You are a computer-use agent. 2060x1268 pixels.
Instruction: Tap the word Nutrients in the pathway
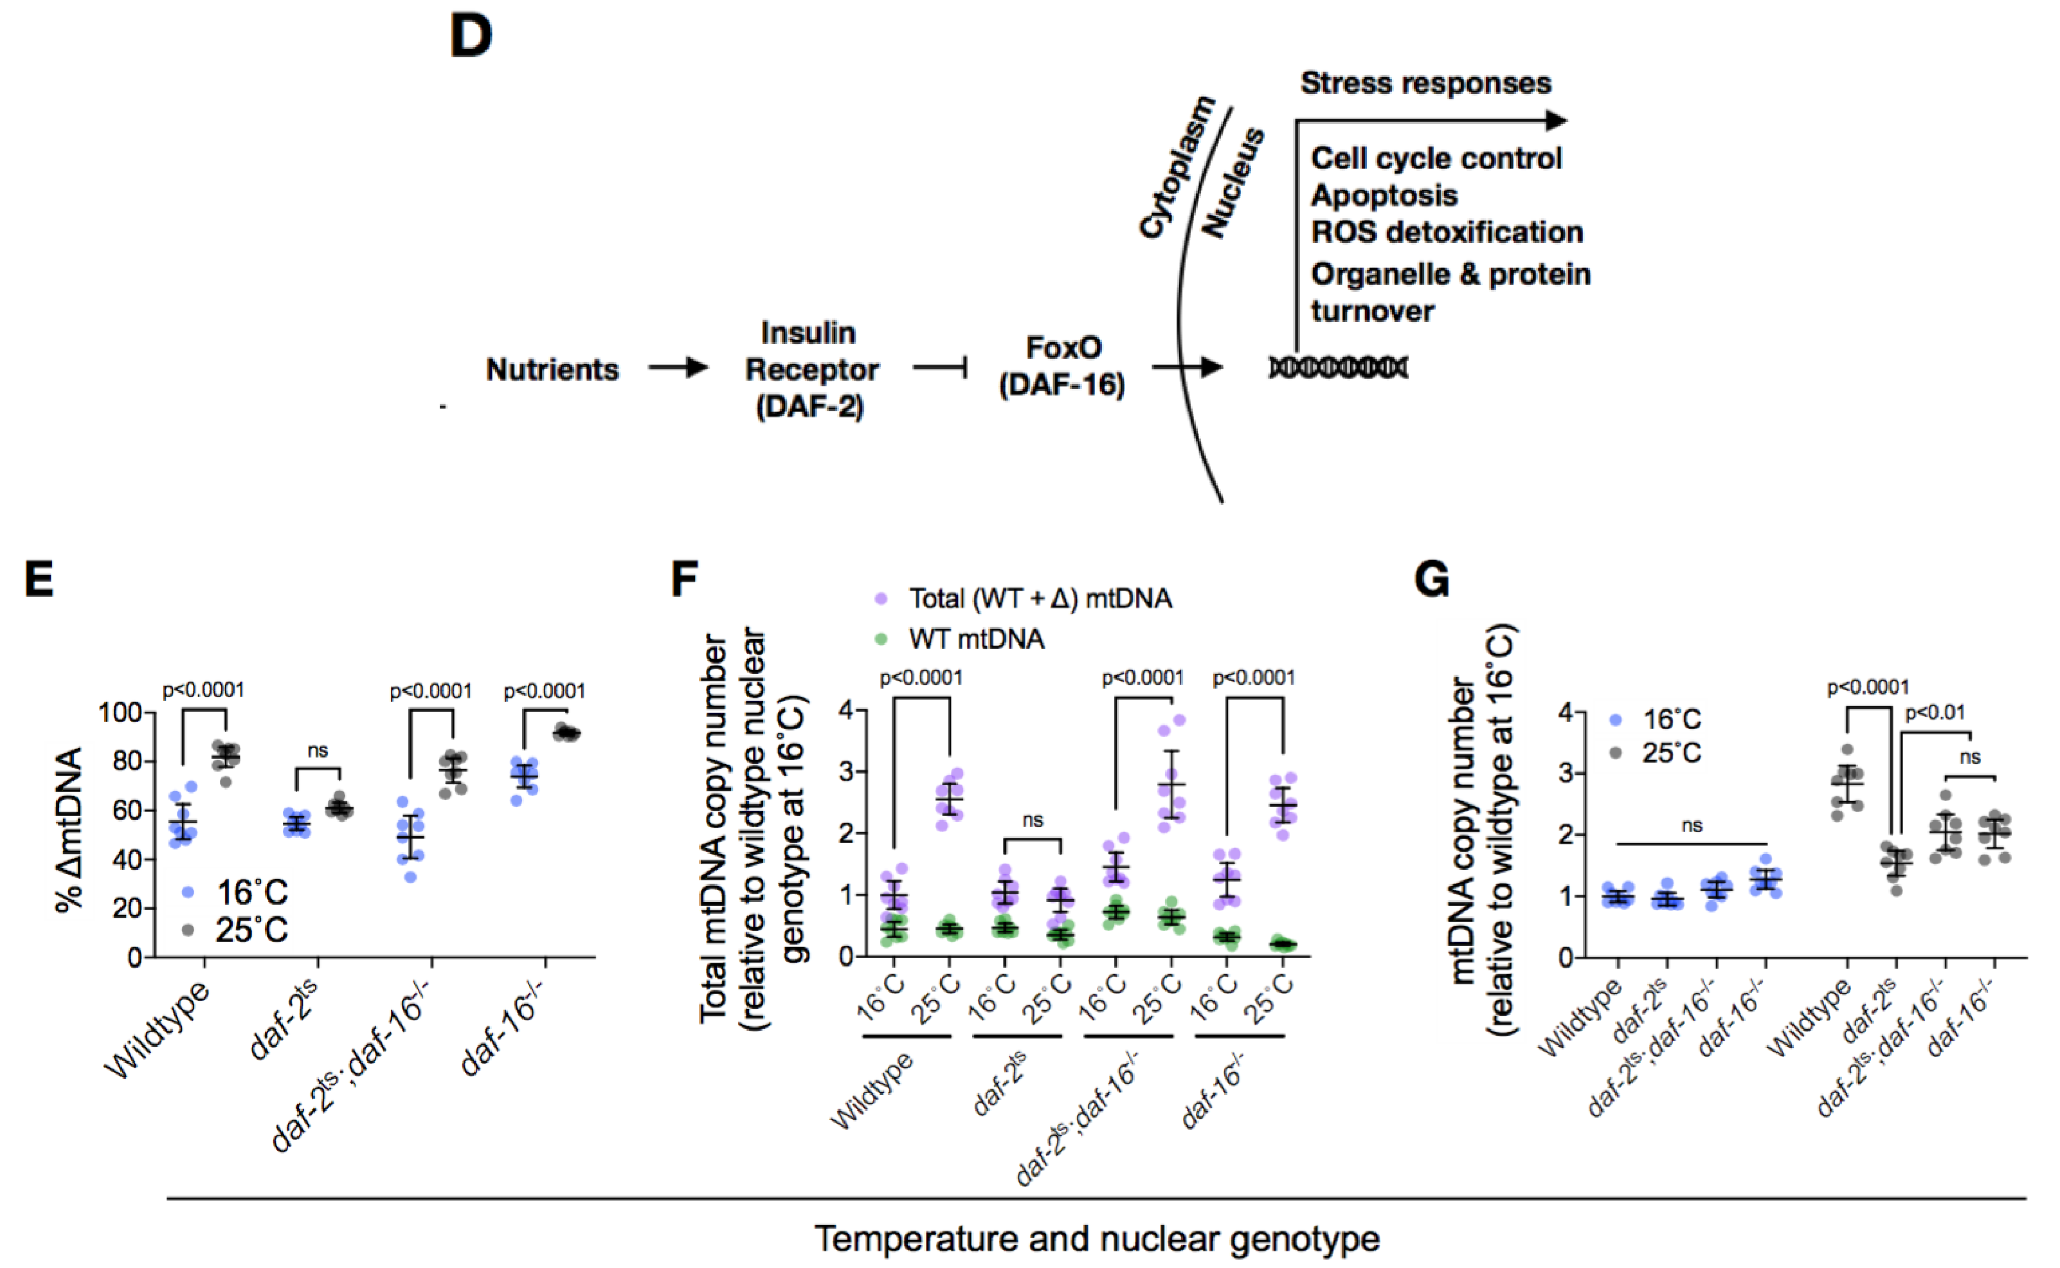[552, 369]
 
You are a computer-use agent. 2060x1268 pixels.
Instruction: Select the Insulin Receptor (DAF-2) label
[811, 369]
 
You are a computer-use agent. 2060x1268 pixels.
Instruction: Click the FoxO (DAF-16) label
[1062, 366]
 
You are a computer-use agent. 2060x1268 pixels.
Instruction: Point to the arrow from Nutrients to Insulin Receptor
[678, 367]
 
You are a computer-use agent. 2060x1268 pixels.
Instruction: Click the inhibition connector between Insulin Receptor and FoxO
[941, 367]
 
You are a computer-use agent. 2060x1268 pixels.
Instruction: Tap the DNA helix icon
[1338, 367]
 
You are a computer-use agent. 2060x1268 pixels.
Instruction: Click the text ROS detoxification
[1446, 232]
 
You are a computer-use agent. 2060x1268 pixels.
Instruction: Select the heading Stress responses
[1425, 83]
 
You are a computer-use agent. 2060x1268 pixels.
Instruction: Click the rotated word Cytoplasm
[1177, 167]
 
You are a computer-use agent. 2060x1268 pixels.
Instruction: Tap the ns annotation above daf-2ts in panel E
[317, 750]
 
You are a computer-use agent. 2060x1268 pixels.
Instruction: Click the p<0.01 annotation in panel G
[1935, 714]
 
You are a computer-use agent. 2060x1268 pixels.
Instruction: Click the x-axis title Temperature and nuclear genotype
[1097, 1238]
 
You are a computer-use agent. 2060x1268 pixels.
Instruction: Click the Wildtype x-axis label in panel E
[158, 1030]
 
